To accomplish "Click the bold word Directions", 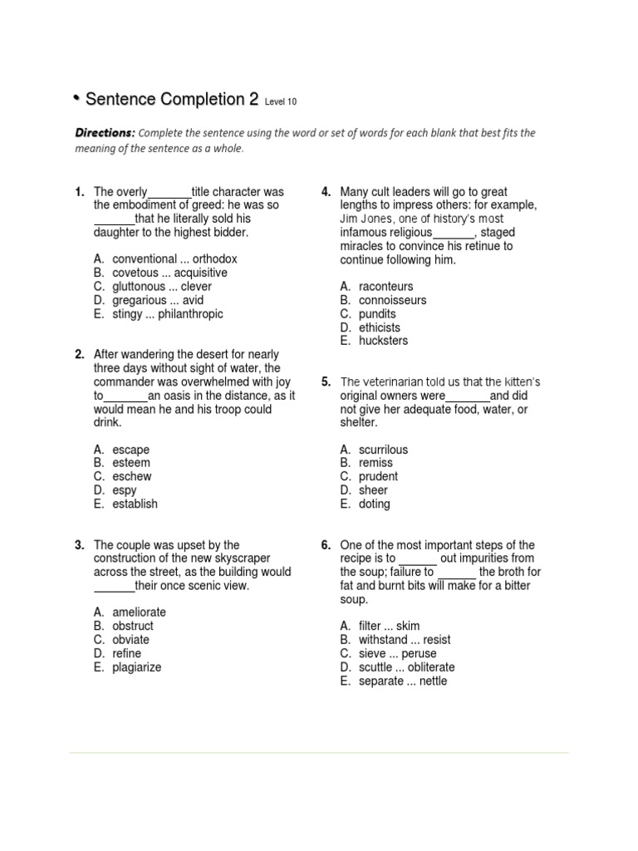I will (105, 133).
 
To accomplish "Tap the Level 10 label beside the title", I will (280, 102).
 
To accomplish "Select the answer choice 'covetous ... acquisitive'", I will (169, 273).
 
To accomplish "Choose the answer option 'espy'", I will (125, 490).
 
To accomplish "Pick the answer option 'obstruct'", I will (133, 626).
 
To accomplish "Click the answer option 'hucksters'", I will (383, 341).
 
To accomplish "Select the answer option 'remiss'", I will (375, 463).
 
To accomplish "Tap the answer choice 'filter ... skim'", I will (389, 626).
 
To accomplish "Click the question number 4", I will (326, 192).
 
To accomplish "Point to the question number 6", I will (326, 545).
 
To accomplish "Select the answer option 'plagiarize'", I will (137, 667).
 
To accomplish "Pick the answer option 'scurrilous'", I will (383, 450).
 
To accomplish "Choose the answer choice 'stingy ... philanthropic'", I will (168, 314).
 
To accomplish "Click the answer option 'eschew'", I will (132, 476).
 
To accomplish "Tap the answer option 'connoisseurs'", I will (392, 300).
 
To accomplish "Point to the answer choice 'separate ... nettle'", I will (402, 681).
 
